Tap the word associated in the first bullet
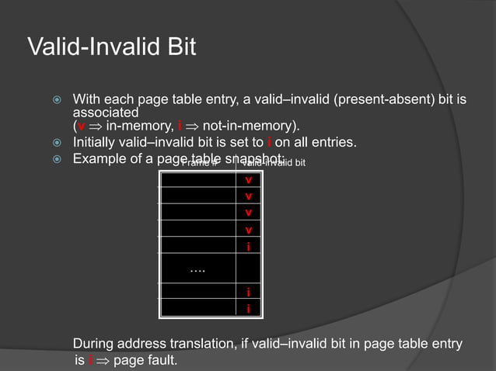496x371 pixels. pyautogui.click(x=105, y=113)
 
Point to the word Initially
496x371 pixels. pyautogui.click(x=96, y=142)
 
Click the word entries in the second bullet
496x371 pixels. pyautogui.click(x=336, y=142)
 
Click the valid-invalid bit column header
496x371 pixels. pyautogui.click(x=274, y=163)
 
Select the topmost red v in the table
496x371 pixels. pyautogui.click(x=248, y=180)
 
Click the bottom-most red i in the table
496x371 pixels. pyautogui.click(x=248, y=308)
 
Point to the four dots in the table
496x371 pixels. pyautogui.click(x=197, y=269)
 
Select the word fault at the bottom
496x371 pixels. pyautogui.click(x=162, y=361)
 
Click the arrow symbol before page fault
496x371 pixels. pyautogui.click(x=103, y=362)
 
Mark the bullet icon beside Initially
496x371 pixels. pyautogui.click(x=55, y=143)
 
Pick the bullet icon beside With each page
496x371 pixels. pyautogui.click(x=55, y=100)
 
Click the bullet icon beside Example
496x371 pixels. pyautogui.click(x=55, y=158)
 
